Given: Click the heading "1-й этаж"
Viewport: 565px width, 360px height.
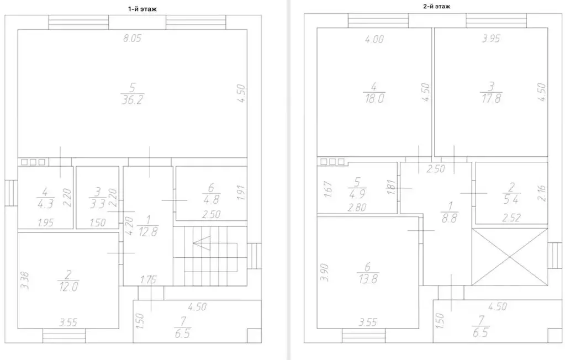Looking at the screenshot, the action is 142,9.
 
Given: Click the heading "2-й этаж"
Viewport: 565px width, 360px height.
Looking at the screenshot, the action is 436,6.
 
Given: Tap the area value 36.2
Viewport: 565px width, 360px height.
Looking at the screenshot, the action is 132,100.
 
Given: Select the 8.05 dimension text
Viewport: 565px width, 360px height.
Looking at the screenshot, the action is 132,38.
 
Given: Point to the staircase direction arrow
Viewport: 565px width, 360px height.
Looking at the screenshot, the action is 202,243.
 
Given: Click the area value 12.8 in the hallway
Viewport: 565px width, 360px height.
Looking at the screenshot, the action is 147,231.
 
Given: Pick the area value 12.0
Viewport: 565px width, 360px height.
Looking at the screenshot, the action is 68,287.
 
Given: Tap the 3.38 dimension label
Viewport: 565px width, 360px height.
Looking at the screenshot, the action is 25,280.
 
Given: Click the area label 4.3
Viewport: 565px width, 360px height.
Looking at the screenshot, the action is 45,204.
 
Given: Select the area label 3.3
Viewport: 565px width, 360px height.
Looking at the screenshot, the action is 97,204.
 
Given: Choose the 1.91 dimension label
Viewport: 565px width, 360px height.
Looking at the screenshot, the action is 241,193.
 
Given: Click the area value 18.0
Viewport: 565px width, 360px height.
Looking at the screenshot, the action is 374,98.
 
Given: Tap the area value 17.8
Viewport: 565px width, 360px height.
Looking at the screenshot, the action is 491,98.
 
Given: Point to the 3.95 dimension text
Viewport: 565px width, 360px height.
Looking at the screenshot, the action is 491,38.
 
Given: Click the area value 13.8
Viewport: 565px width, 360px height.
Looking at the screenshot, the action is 367,278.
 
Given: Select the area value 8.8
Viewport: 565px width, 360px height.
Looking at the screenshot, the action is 450,218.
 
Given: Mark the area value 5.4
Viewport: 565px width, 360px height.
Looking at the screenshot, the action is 511,199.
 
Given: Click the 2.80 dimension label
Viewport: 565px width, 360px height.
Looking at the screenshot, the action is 357,207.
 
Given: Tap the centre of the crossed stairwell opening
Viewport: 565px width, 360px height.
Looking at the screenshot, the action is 510,257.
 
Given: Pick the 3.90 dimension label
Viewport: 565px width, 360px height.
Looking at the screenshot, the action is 324,272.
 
